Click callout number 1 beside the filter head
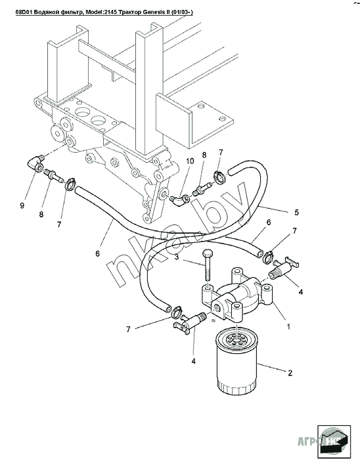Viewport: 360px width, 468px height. [x=288, y=326]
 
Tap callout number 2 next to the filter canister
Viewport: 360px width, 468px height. [x=290, y=372]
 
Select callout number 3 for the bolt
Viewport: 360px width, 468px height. [x=177, y=257]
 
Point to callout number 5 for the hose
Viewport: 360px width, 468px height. [x=296, y=212]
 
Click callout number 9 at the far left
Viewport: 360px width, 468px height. [x=22, y=205]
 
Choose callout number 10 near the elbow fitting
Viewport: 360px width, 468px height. [x=190, y=161]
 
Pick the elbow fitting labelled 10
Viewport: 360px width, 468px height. [x=179, y=200]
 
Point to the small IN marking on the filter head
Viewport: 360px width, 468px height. [x=213, y=321]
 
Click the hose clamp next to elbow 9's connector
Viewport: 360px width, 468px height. [x=70, y=184]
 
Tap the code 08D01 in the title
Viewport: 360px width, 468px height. [x=24, y=12]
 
